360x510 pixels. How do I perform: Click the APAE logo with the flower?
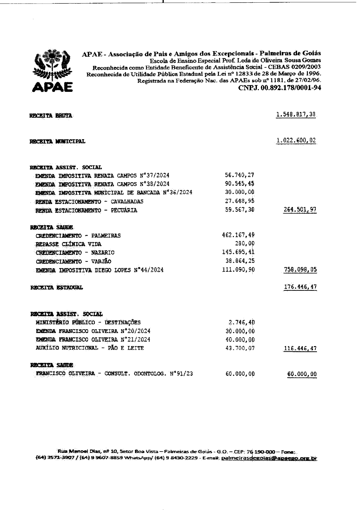pyautogui.click(x=52, y=71)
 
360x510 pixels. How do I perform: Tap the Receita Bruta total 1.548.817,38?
pyautogui.click(x=296, y=115)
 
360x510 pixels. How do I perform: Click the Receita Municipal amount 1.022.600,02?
pyautogui.click(x=296, y=141)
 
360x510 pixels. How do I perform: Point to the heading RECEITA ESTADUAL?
pyautogui.click(x=57, y=288)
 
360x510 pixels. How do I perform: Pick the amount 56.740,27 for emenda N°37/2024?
pyautogui.click(x=240, y=175)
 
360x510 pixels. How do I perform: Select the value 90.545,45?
pyautogui.click(x=240, y=184)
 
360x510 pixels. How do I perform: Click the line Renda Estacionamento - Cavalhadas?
pyautogui.click(x=89, y=202)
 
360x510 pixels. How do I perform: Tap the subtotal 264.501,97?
pyautogui.click(x=300, y=210)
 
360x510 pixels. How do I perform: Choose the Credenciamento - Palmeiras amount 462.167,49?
pyautogui.click(x=238, y=235)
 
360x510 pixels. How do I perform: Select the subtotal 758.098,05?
pyautogui.click(x=300, y=270)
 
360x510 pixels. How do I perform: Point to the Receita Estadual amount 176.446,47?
pyautogui.click(x=300, y=287)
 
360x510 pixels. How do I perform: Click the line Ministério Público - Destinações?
pyautogui.click(x=88, y=322)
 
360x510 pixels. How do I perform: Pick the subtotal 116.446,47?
pyautogui.click(x=300, y=348)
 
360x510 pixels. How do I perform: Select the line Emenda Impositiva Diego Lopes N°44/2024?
pyautogui.click(x=100, y=270)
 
